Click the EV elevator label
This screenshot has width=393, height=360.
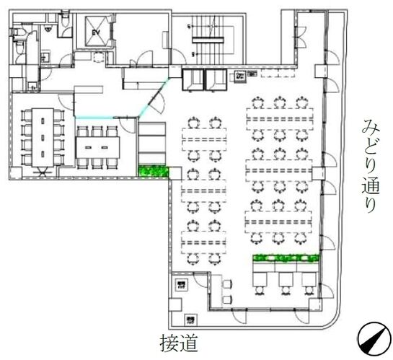click(95, 33)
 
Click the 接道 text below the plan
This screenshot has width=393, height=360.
click(178, 342)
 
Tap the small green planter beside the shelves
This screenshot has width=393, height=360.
click(152, 172)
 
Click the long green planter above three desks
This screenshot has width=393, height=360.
click(285, 258)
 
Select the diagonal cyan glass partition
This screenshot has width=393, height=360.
click(154, 101)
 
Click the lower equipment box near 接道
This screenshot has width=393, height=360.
click(190, 319)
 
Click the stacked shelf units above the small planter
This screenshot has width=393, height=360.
click(152, 143)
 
